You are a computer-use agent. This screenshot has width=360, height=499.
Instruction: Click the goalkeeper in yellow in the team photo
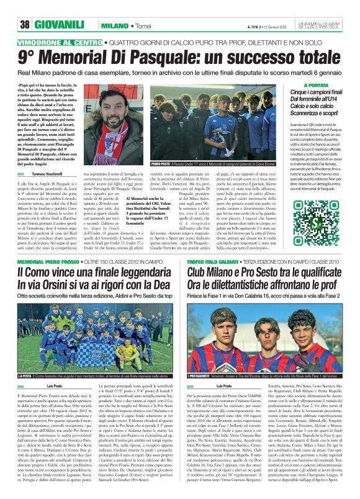pos(91,333)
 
